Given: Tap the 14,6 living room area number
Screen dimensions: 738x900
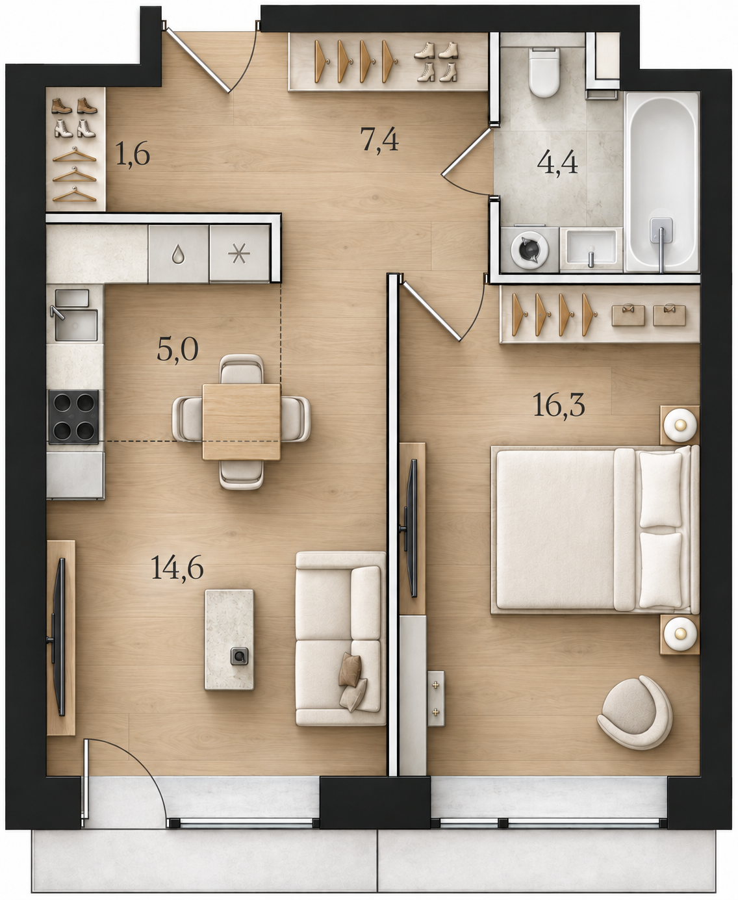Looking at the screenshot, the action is click(177, 568).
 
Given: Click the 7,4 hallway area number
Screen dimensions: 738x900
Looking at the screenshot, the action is click(379, 140).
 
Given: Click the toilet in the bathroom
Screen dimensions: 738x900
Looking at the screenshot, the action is click(544, 71).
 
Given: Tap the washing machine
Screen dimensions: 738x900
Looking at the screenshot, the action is click(529, 250).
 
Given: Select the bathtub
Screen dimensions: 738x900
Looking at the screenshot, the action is click(661, 182).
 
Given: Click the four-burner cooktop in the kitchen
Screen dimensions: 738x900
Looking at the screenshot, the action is click(74, 417).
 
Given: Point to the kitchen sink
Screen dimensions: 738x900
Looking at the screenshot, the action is click(75, 316).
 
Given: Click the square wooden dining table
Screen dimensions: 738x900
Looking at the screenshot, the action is click(242, 422).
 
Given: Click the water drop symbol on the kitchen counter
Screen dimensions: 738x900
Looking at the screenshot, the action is click(177, 255).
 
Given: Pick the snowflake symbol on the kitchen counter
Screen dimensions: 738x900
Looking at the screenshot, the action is click(239, 254).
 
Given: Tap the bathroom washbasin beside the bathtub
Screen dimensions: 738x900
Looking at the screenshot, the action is click(591, 250).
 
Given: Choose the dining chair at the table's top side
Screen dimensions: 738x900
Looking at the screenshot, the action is click(242, 369).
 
